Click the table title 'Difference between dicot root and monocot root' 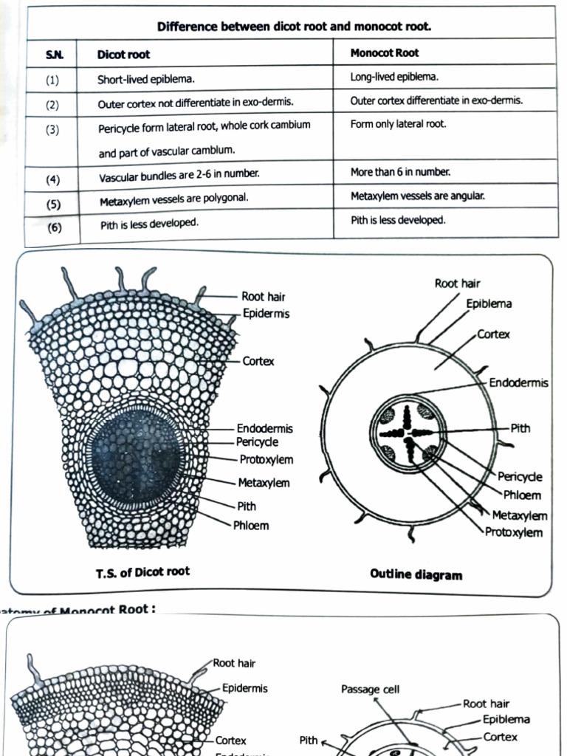294,27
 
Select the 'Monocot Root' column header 385,53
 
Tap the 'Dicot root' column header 123,55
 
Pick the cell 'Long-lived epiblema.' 394,77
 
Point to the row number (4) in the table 52,179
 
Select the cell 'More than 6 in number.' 400,171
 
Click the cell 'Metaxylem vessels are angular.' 417,196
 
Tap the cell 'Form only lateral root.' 398,124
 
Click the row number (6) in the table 55,227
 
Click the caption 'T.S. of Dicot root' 142,571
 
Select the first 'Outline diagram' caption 416,574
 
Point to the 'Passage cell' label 370,690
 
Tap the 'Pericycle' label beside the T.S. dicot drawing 257,442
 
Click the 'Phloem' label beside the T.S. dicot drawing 251,526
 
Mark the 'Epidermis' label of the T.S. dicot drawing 266,314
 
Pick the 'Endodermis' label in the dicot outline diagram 518,382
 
